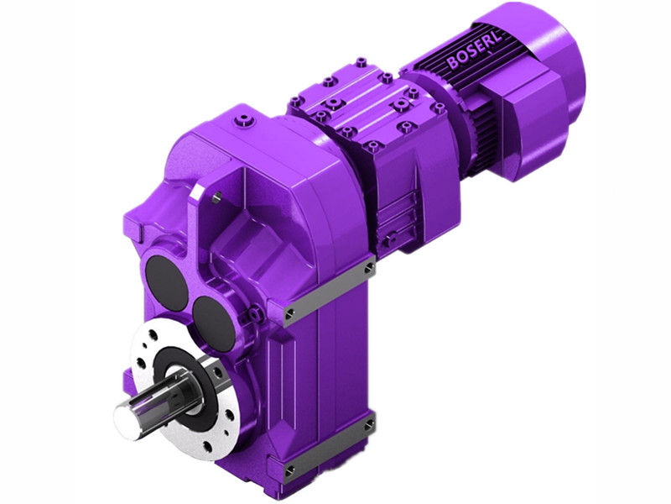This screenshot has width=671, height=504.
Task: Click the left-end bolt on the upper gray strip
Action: pyautogui.click(x=289, y=314)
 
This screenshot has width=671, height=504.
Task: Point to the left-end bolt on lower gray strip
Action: pyautogui.click(x=289, y=467)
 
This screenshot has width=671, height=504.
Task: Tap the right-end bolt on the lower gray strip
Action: pyautogui.click(x=369, y=427)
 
